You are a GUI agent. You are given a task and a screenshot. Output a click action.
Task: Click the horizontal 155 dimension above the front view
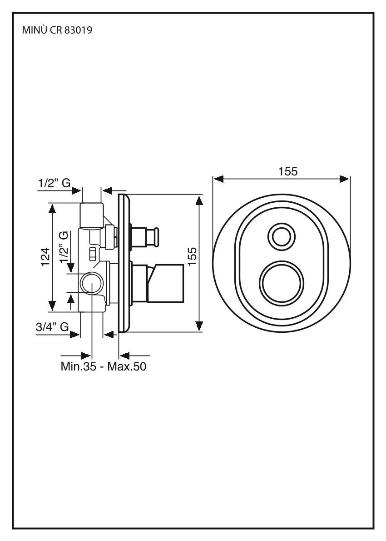pos(288,172)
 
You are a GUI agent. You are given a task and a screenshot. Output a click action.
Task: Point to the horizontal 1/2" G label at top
pos(54,183)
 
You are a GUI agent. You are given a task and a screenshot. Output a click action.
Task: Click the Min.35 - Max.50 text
pos(104,366)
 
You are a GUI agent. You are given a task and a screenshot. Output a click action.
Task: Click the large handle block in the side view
pos(166,284)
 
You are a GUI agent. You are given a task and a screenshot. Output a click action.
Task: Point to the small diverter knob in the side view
pos(150,237)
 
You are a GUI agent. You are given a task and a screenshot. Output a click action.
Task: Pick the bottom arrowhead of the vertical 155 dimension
pos(199,326)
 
